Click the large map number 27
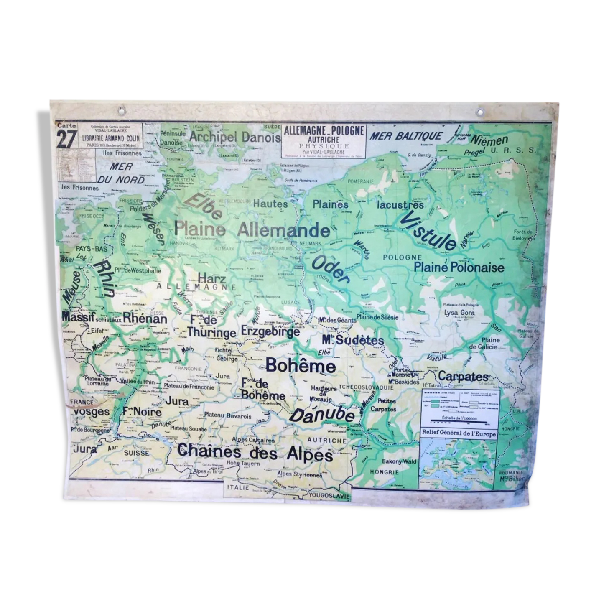(66, 139)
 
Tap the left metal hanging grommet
(121, 111)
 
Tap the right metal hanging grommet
(480, 112)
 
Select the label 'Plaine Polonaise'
(459, 267)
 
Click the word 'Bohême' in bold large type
(301, 366)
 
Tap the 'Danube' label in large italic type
(322, 415)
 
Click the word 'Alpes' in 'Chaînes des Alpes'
(310, 454)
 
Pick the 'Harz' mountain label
(212, 278)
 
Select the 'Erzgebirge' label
(270, 331)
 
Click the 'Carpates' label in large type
(463, 376)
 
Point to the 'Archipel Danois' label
(235, 137)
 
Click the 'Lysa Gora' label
(459, 313)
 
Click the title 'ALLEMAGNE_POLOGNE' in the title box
(324, 131)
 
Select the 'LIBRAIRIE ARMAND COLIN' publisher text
(111, 138)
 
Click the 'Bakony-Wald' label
(399, 461)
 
